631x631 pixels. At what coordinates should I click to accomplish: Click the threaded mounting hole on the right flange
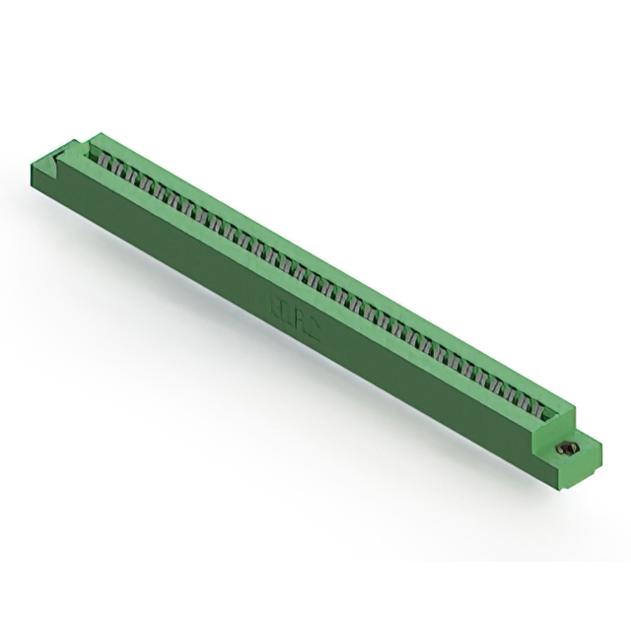point(566,449)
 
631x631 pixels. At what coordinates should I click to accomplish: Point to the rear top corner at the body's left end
point(97,133)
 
